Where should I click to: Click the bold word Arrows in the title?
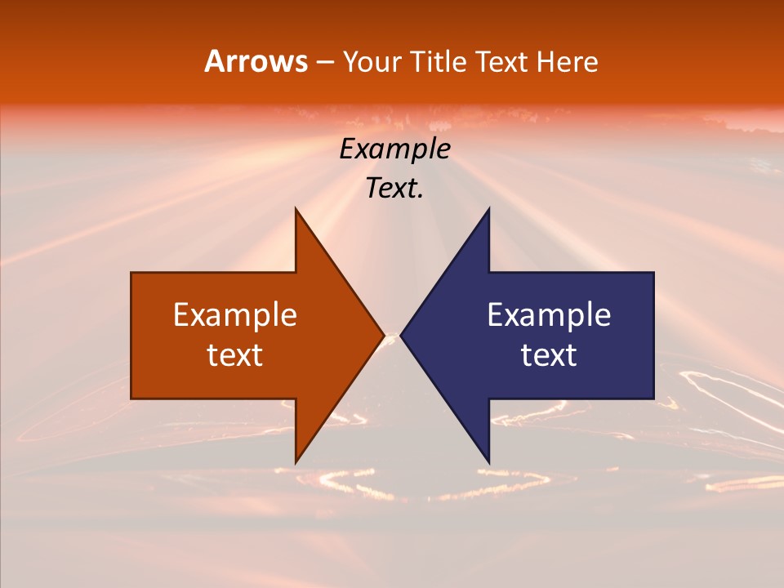[256, 61]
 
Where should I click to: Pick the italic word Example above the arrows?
[395, 149]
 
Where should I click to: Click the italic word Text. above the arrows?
[395, 189]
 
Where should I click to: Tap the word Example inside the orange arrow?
[235, 315]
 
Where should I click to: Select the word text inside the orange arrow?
[235, 355]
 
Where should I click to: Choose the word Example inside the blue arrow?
[549, 315]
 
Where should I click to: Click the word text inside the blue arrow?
[549, 355]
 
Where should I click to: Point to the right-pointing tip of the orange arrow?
[384, 336]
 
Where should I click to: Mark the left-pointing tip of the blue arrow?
[401, 336]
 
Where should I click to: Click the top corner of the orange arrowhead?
[296, 208]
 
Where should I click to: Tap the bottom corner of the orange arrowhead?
[296, 463]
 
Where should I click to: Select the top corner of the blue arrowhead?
[488, 208]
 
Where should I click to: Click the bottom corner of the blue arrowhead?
[488, 463]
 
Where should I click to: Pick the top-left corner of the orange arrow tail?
[131, 273]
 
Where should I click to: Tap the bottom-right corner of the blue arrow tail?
[653, 399]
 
